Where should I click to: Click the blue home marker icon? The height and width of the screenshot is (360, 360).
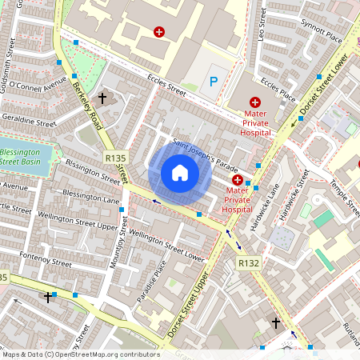click(x=180, y=173)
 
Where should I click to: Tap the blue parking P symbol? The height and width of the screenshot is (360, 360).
click(x=213, y=81)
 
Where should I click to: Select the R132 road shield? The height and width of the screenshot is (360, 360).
click(x=248, y=262)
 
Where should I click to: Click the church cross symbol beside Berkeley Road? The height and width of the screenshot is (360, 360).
click(x=102, y=98)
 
